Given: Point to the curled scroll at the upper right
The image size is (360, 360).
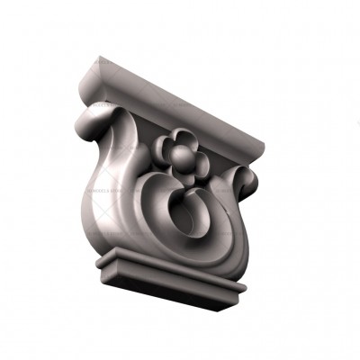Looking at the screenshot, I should point(247,179).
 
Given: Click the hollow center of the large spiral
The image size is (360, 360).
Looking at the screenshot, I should point(192,219).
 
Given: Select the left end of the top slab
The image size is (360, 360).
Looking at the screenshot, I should point(92,76).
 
